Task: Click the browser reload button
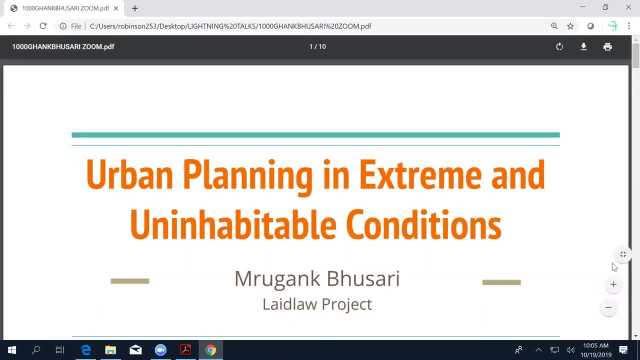(x=43, y=26)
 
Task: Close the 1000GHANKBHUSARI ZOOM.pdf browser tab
(x=116, y=8)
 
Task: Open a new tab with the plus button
(x=135, y=8)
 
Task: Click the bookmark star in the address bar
(x=570, y=26)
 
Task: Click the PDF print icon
(x=607, y=46)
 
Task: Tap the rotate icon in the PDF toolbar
(x=559, y=46)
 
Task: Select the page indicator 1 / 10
(x=317, y=46)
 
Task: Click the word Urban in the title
(x=129, y=174)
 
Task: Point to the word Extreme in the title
(x=420, y=174)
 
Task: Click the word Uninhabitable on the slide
(x=232, y=224)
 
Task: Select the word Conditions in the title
(x=423, y=224)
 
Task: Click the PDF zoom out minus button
(x=608, y=307)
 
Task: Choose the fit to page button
(x=623, y=254)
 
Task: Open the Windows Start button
(x=12, y=350)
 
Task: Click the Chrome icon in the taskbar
(x=210, y=350)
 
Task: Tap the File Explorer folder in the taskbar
(x=110, y=350)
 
